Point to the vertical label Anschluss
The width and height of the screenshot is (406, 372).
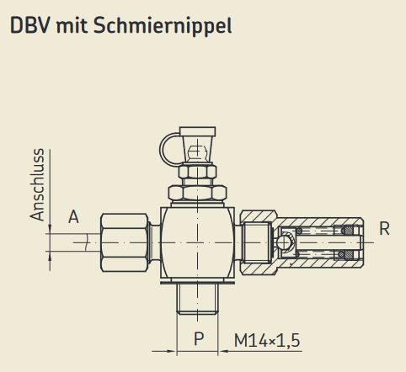click(x=36, y=186)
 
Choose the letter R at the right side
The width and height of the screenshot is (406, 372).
click(x=384, y=227)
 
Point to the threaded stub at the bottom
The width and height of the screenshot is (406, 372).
click(x=198, y=298)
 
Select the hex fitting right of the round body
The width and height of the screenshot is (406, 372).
click(x=254, y=242)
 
